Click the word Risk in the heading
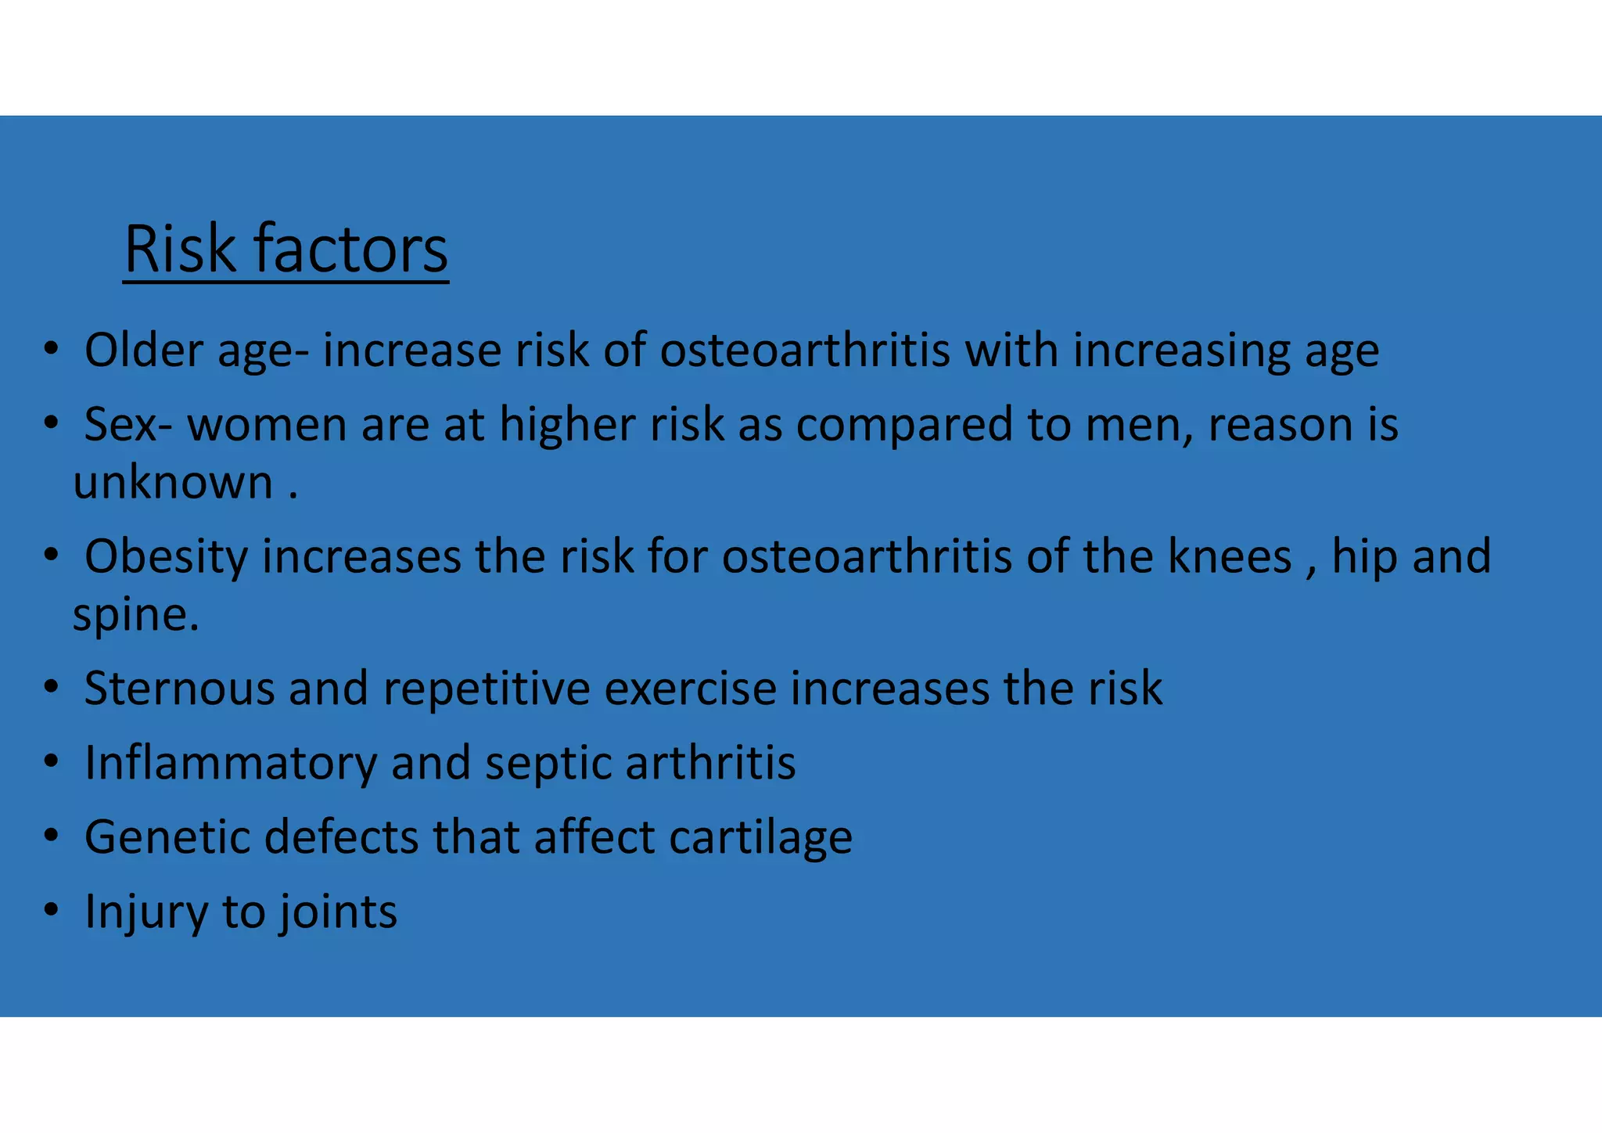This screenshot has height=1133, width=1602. [x=179, y=250]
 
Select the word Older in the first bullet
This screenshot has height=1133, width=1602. [x=144, y=350]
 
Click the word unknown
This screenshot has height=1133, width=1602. [x=173, y=483]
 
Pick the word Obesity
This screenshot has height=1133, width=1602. [x=165, y=557]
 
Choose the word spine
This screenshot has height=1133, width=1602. [x=135, y=615]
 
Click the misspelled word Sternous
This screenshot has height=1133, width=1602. [x=179, y=689]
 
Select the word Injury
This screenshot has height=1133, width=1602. [x=145, y=912]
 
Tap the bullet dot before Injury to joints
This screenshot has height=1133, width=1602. [x=52, y=910]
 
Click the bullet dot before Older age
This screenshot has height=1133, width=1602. [x=52, y=348]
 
